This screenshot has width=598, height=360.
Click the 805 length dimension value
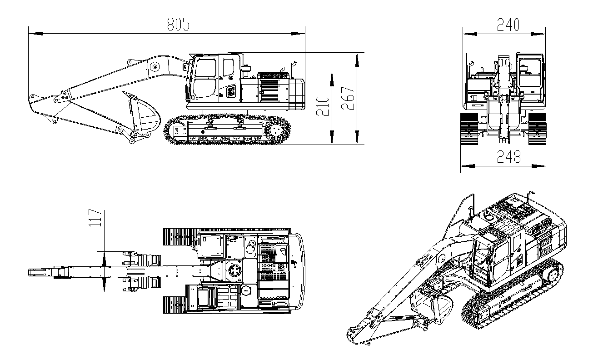(178, 24)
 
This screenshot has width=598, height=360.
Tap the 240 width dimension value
(508, 25)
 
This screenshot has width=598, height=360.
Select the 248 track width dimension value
(509, 157)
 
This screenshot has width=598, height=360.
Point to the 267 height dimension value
(348, 98)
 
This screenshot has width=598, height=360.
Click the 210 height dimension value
(323, 106)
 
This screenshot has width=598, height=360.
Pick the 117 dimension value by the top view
(95, 218)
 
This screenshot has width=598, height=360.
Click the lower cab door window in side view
(204, 88)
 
